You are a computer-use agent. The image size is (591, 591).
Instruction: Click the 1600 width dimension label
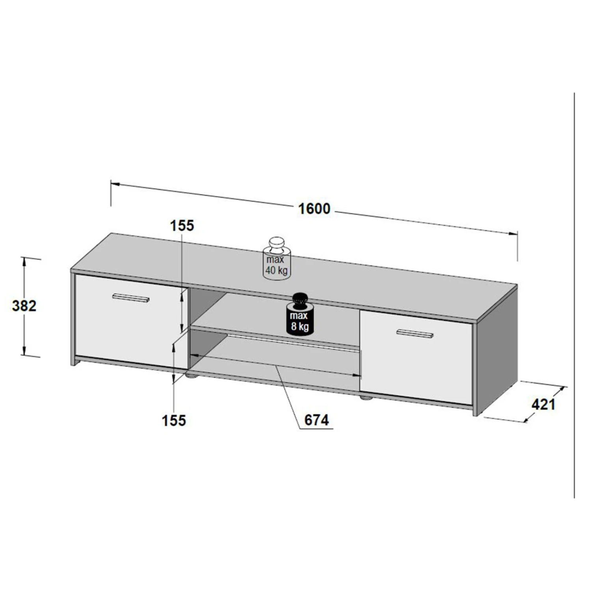pos(314,208)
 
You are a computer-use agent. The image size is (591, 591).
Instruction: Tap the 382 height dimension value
pos(24,306)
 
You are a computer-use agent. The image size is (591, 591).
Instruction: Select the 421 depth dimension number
pos(543,404)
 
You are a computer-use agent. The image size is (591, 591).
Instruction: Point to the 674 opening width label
pos(316,420)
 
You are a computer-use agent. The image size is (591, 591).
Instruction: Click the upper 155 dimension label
pos(182,226)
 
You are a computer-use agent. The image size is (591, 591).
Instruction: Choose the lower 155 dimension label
pos(174,420)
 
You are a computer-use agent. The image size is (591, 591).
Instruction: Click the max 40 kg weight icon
pos(277,259)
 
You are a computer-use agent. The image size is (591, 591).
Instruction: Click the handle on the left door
pos(131,298)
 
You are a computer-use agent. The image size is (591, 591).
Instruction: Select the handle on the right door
pos(414,333)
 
